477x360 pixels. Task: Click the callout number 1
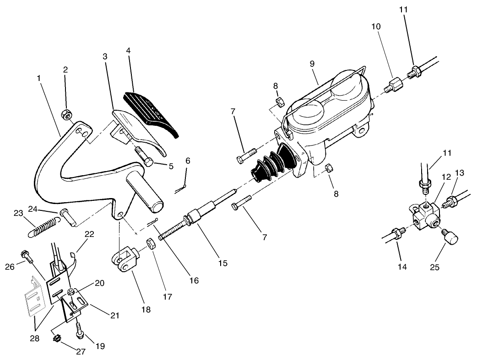(x=39, y=78)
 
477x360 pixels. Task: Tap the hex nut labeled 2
(x=66, y=114)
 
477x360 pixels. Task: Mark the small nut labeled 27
(x=58, y=339)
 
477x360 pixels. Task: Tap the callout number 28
(x=34, y=338)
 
